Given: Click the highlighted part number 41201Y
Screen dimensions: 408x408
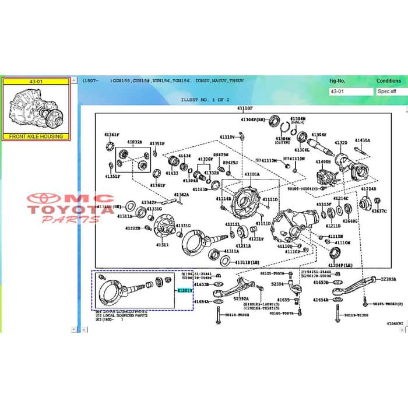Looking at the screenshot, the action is (x=184, y=290).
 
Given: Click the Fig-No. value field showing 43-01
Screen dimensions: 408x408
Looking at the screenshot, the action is (x=350, y=92).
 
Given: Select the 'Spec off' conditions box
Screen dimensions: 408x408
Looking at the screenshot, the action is (x=389, y=92).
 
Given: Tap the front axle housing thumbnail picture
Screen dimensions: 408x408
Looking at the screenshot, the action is (x=36, y=109).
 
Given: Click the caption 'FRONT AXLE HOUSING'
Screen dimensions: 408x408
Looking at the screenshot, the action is (x=36, y=136).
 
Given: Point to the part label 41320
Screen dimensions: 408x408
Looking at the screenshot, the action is (x=341, y=143).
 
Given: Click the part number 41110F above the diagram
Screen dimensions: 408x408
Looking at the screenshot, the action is (x=245, y=108).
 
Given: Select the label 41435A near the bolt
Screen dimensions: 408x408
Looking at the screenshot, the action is (x=363, y=140).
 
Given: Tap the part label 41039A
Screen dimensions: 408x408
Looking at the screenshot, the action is (x=135, y=142).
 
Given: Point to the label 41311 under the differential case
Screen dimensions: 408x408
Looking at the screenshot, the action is (x=162, y=245).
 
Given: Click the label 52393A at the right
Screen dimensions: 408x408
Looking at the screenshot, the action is (x=389, y=279).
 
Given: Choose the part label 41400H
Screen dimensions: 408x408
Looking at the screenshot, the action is (x=323, y=162).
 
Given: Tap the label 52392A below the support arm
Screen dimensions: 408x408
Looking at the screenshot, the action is (x=241, y=299).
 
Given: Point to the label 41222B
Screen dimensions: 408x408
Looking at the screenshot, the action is (x=132, y=228).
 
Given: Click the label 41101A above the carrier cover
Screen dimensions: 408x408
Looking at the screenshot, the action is (x=252, y=174).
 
